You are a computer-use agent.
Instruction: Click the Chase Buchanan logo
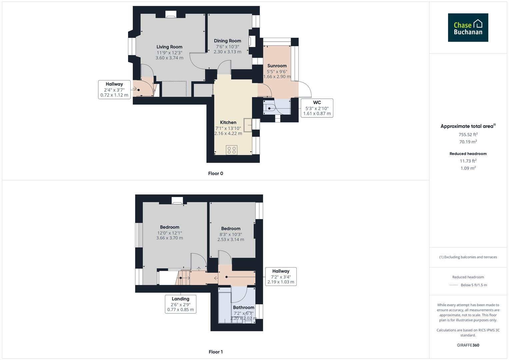point(468,28)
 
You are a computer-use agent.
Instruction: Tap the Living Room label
point(169,47)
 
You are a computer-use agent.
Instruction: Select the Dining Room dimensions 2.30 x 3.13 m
point(227,52)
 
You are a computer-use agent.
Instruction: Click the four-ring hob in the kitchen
point(232,150)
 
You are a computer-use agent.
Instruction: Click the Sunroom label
point(277,66)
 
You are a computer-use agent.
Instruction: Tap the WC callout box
point(317,108)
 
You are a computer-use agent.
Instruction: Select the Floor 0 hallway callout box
point(114,89)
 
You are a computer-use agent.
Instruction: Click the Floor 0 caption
point(215,173)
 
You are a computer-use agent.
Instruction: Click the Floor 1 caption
point(215,352)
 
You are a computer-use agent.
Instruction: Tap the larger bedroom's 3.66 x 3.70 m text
point(169,238)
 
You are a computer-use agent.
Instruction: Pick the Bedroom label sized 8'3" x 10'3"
point(231,229)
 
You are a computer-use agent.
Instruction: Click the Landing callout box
point(180,304)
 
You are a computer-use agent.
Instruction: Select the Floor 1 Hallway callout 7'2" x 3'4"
point(281,276)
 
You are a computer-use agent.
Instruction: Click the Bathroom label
point(243,307)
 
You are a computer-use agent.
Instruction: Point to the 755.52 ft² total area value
point(468,135)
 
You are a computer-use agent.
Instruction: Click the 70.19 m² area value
point(468,142)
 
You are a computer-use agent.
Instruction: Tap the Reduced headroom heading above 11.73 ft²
point(468,154)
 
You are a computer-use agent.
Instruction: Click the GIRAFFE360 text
point(468,345)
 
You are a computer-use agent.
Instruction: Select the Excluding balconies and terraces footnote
point(468,257)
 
